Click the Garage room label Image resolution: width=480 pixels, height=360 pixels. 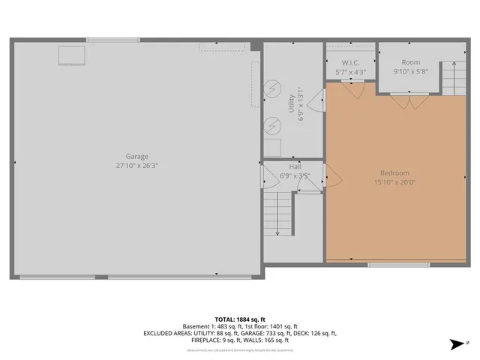pos(136,156)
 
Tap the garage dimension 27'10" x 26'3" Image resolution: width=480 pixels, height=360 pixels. pos(136,165)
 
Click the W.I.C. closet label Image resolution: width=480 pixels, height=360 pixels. pos(351,63)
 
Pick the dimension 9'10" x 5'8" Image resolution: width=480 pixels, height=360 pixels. pos(410,72)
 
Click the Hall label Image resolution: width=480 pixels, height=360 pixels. pos(295,166)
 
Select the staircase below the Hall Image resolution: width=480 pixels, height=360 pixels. pos(278,213)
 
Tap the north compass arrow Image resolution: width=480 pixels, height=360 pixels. pos(454,344)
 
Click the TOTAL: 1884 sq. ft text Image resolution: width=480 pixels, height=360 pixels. pos(240,319)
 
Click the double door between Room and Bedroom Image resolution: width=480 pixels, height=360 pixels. pos(409,97)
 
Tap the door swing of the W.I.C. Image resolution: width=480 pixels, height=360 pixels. pos(355,87)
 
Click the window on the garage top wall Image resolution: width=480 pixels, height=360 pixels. pos(112,40)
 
